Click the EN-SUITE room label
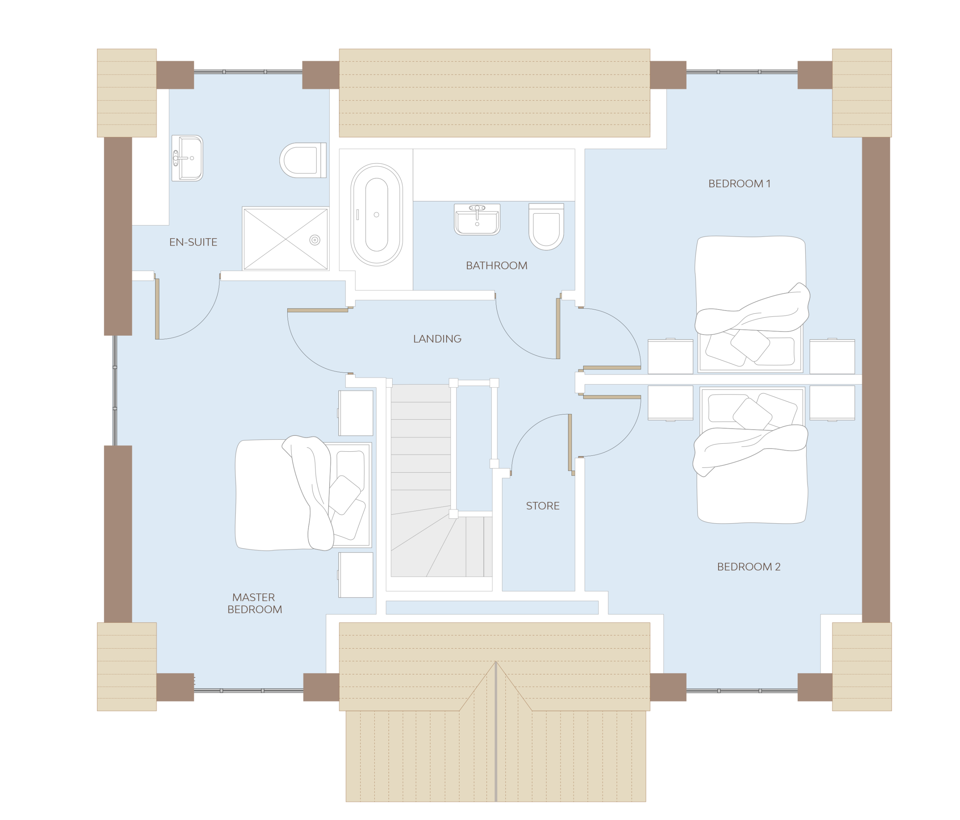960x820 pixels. coord(193,242)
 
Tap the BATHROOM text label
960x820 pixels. coord(496,266)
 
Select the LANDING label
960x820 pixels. coord(437,339)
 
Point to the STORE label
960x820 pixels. coord(543,506)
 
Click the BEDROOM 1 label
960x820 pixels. coord(739,183)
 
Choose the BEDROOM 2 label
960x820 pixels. coord(749,566)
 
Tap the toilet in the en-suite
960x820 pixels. coord(303,161)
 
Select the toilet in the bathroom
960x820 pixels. coord(546,227)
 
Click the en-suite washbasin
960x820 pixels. coord(187,158)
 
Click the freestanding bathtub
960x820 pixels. coord(376,215)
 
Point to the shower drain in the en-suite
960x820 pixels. coord(315,240)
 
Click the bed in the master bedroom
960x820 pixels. coord(303,493)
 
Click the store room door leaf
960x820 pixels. coord(570,442)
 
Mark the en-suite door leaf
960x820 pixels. coord(157,309)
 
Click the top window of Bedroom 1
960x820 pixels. coord(742,72)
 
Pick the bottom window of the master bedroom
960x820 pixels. coord(248,691)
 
